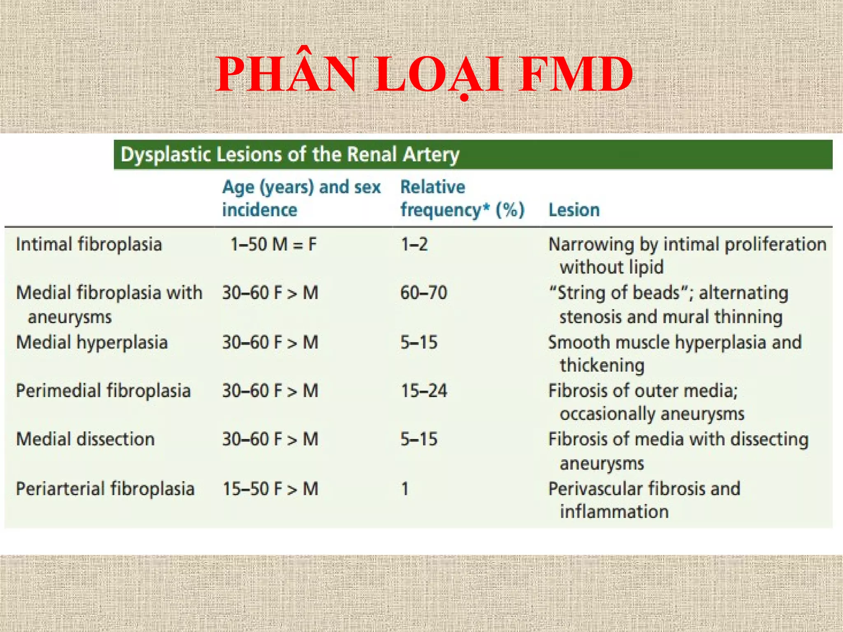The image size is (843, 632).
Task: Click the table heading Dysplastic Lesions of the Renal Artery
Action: pyautogui.click(x=290, y=155)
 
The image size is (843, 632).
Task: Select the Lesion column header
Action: pyautogui.click(x=574, y=210)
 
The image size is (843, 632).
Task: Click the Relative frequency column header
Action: pyautogui.click(x=462, y=198)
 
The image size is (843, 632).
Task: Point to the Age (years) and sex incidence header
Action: pyautogui.click(x=301, y=198)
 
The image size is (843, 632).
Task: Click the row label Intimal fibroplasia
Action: pyautogui.click(x=89, y=244)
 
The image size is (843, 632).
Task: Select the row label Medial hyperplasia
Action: pyautogui.click(x=92, y=342)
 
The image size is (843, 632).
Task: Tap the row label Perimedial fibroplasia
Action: pyautogui.click(x=103, y=390)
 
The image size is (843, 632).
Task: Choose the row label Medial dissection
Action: pyautogui.click(x=85, y=439)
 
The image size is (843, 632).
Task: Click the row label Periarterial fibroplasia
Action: pyautogui.click(x=105, y=489)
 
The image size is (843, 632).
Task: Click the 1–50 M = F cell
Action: pyautogui.click(x=273, y=244)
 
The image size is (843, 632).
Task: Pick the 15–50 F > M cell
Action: pyautogui.click(x=270, y=489)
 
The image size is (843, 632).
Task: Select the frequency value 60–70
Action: pyautogui.click(x=424, y=293)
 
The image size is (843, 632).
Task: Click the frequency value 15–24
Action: pyautogui.click(x=424, y=390)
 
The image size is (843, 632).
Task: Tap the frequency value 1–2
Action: pyautogui.click(x=414, y=244)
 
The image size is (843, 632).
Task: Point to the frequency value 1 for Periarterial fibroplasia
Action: pyautogui.click(x=405, y=489)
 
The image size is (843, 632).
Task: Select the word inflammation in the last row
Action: pyautogui.click(x=614, y=512)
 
